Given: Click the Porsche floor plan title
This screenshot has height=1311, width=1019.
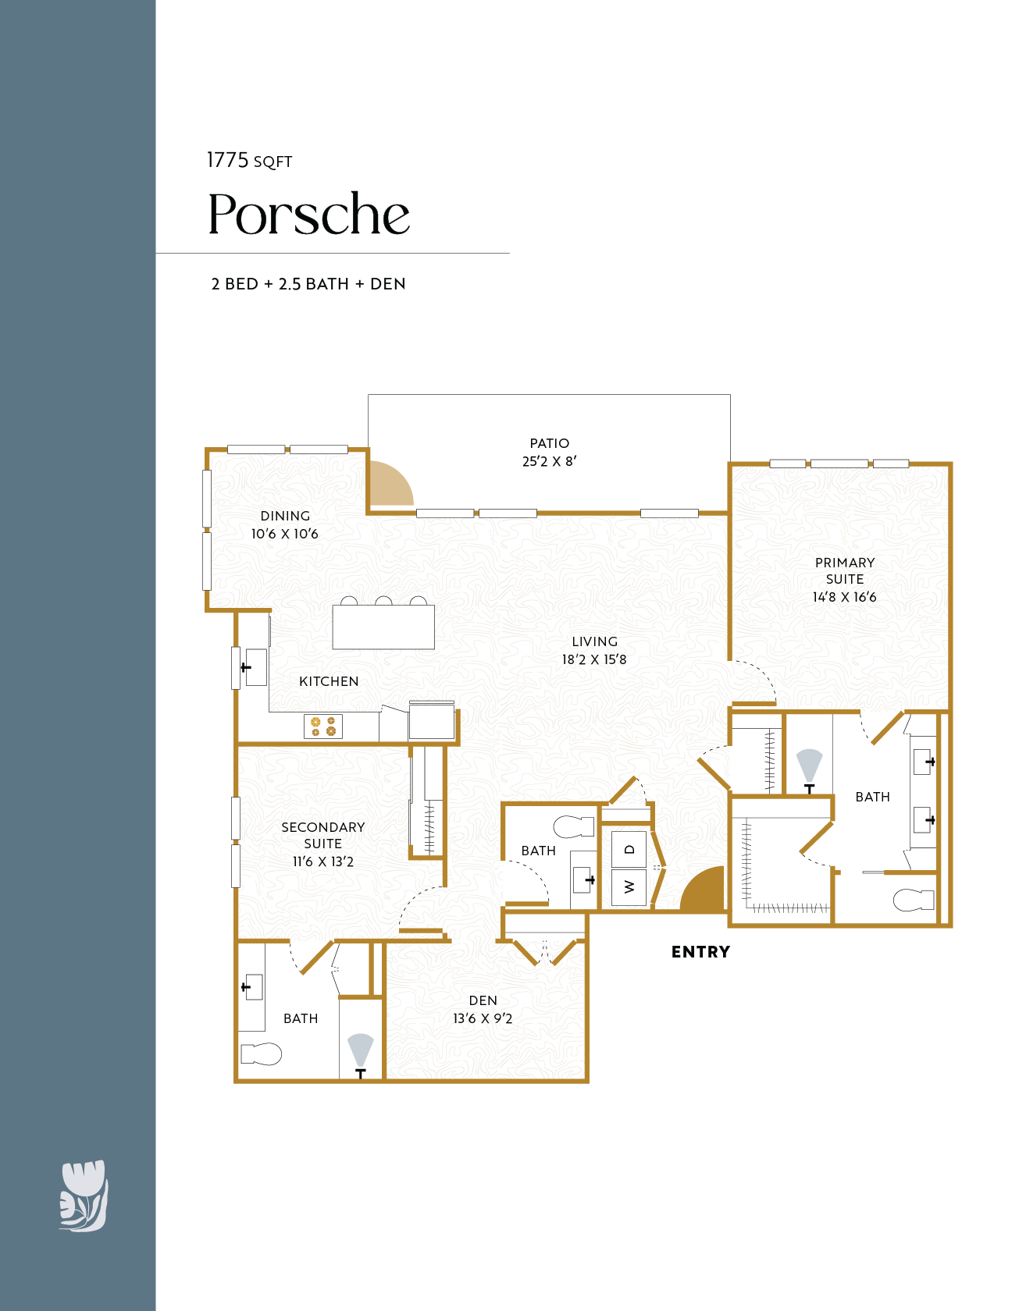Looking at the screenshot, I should [308, 215].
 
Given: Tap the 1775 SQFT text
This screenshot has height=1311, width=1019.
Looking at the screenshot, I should [249, 161].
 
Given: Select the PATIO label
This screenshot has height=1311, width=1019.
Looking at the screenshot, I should [549, 443].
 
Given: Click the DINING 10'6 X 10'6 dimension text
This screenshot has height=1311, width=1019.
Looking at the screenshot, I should [284, 534].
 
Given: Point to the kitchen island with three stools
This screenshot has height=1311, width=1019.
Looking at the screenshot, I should [383, 627].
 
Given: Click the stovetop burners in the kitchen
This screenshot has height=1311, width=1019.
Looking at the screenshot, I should [323, 727].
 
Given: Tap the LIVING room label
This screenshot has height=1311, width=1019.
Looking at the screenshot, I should [594, 641].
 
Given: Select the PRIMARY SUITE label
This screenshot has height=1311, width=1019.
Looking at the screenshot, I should [844, 570].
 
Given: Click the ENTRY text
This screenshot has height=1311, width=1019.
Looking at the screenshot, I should [700, 952].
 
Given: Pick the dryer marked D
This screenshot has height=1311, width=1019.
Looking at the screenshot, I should [629, 850].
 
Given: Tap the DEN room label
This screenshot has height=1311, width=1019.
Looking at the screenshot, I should [483, 1000].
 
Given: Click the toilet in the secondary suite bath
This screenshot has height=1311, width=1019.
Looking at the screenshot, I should [261, 1054].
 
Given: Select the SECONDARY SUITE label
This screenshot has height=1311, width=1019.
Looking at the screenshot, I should [322, 835].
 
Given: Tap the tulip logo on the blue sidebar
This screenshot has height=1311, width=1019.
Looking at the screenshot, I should [84, 1196].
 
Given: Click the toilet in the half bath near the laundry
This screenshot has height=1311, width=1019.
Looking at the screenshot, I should [574, 826].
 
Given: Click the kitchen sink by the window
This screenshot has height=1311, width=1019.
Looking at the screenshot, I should [255, 667].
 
